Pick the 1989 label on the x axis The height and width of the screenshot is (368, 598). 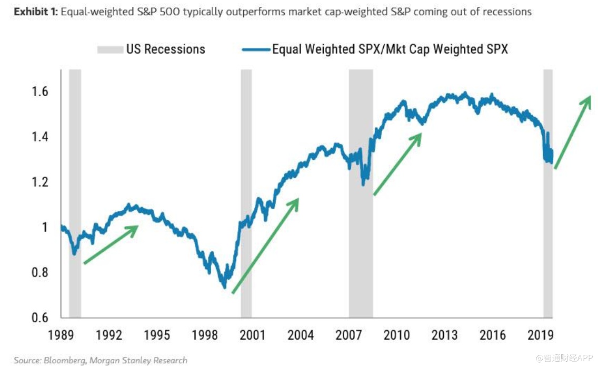(61, 334)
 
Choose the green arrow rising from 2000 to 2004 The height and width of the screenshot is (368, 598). (265, 245)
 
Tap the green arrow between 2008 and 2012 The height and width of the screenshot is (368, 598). (398, 164)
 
